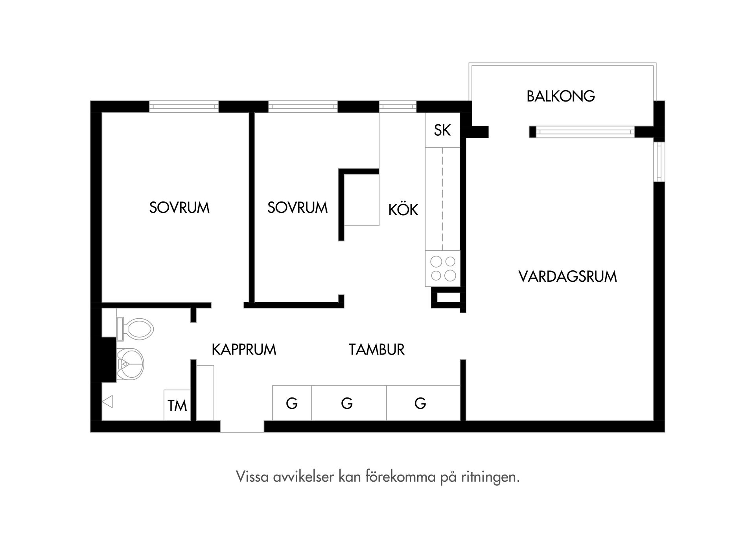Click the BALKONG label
click(560, 96)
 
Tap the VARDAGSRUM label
click(567, 277)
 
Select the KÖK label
click(403, 210)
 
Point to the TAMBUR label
click(376, 349)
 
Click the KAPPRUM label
click(244, 349)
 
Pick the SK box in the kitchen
click(442, 130)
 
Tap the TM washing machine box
click(177, 405)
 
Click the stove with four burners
click(443, 268)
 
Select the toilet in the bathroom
click(136, 329)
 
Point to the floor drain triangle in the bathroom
click(107, 402)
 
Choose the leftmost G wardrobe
click(292, 403)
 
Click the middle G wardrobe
click(347, 403)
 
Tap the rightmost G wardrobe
click(421, 403)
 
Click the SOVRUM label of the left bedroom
click(179, 208)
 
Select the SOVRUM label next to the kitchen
click(297, 208)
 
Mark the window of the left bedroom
click(184, 107)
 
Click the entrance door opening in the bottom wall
click(242, 427)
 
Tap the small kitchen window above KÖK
click(398, 107)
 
